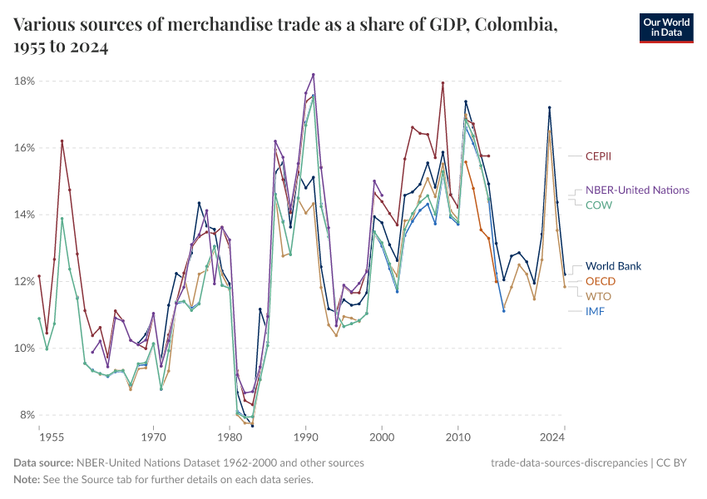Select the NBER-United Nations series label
tap(637, 190)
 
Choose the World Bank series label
tap(613, 266)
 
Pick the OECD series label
tap(601, 281)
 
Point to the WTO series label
tap(599, 296)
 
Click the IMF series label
tap(596, 311)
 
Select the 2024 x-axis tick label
tap(551, 437)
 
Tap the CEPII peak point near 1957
tap(62, 141)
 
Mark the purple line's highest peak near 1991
tap(314, 74)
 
